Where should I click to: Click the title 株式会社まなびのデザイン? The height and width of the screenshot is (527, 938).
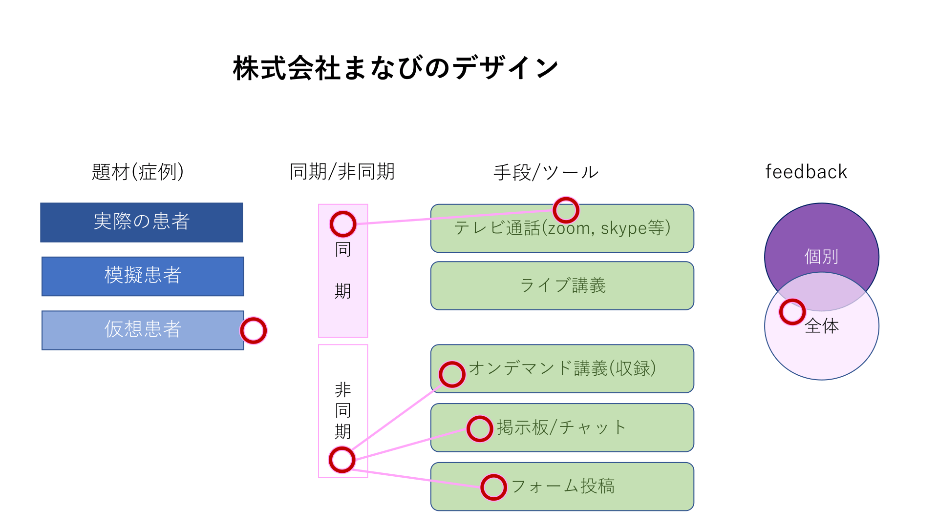pyautogui.click(x=396, y=68)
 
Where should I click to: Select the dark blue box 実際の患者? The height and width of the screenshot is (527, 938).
pyautogui.click(x=142, y=222)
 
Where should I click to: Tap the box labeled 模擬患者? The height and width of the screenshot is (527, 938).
pyautogui.click(x=143, y=276)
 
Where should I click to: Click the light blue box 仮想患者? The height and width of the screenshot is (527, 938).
pyautogui.click(x=143, y=330)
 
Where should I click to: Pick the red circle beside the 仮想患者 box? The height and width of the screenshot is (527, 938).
pyautogui.click(x=253, y=330)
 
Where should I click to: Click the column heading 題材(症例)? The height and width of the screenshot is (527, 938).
pyautogui.click(x=138, y=172)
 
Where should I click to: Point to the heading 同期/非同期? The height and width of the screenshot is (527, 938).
pyautogui.click(x=342, y=172)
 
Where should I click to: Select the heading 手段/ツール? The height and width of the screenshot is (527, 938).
pyautogui.click(x=546, y=172)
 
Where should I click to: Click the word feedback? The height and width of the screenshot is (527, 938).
pyautogui.click(x=806, y=172)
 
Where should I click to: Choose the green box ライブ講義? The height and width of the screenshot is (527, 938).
pyautogui.click(x=562, y=285)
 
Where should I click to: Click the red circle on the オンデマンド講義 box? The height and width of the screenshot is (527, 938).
pyautogui.click(x=452, y=374)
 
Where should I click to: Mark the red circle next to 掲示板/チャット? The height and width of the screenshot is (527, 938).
pyautogui.click(x=479, y=428)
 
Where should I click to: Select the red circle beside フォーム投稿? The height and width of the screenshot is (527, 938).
pyautogui.click(x=493, y=487)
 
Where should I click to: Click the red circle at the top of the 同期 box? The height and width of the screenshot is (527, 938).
pyautogui.click(x=343, y=224)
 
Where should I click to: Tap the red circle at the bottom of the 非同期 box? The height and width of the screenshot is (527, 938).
pyautogui.click(x=342, y=460)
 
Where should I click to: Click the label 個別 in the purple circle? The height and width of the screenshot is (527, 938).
pyautogui.click(x=821, y=256)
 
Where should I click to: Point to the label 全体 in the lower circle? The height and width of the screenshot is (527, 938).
pyautogui.click(x=822, y=326)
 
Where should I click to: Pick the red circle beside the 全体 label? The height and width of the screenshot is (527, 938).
pyautogui.click(x=792, y=312)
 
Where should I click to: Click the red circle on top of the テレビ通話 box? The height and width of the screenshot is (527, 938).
pyautogui.click(x=566, y=210)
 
